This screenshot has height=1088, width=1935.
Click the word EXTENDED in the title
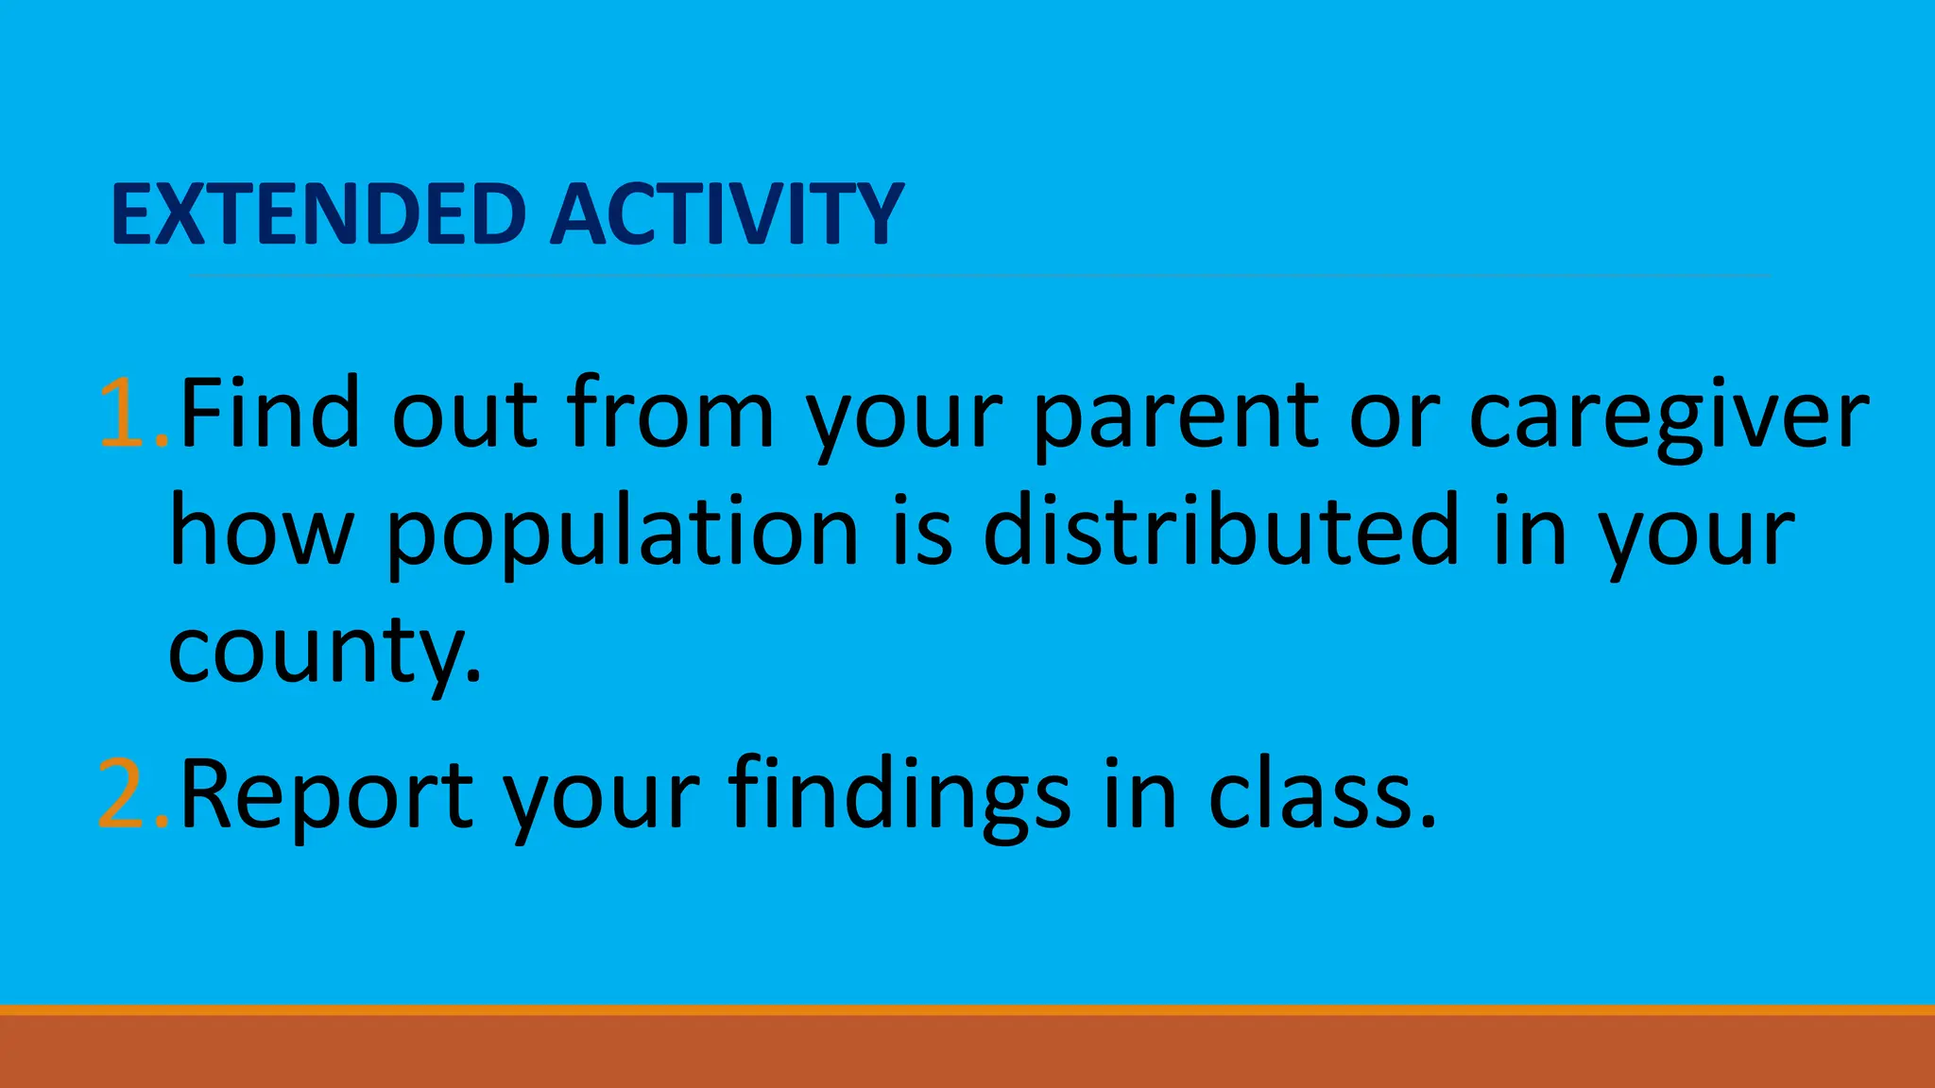(318, 214)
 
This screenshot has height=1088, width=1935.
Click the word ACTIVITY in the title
(727, 214)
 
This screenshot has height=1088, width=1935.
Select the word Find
(270, 414)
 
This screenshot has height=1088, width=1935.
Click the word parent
(1176, 416)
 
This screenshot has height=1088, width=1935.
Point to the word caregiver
(1669, 416)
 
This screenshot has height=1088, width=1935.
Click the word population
(623, 534)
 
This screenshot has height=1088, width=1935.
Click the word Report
(327, 795)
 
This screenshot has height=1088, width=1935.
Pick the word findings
(899, 795)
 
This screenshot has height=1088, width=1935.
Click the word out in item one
(464, 416)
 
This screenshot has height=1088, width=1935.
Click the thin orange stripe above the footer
(967, 1010)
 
